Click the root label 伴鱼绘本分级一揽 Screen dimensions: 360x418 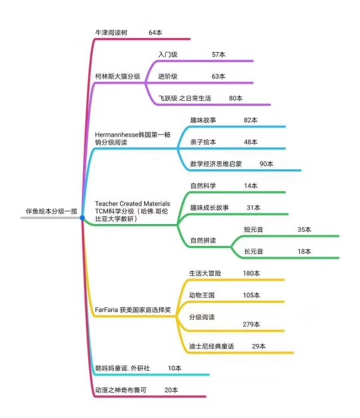click(51, 211)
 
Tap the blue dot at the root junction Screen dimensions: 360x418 click(83, 218)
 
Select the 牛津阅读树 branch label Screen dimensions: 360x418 click(111, 33)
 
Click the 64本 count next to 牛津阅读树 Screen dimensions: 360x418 click(155, 33)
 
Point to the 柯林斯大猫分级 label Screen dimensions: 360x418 click(117, 77)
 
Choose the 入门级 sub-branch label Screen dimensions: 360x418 click(168, 55)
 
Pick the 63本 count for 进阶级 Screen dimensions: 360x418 click(219, 77)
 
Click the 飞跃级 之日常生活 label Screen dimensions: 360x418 click(185, 99)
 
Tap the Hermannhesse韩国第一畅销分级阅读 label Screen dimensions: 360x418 click(133, 139)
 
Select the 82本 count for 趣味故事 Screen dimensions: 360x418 click(251, 120)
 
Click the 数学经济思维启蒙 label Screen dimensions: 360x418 click(216, 164)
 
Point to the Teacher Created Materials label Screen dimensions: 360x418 click(133, 204)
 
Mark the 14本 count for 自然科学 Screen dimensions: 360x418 click(251, 186)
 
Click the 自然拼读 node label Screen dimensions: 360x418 click(203, 241)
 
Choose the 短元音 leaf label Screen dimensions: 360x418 click(253, 229)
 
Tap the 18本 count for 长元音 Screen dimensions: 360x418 click(304, 251)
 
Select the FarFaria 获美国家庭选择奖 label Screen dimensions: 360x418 click(133, 310)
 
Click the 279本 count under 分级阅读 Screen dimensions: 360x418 click(251, 325)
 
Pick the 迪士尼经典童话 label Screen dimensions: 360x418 click(211, 346)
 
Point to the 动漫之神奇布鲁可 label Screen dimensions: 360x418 click(121, 390)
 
